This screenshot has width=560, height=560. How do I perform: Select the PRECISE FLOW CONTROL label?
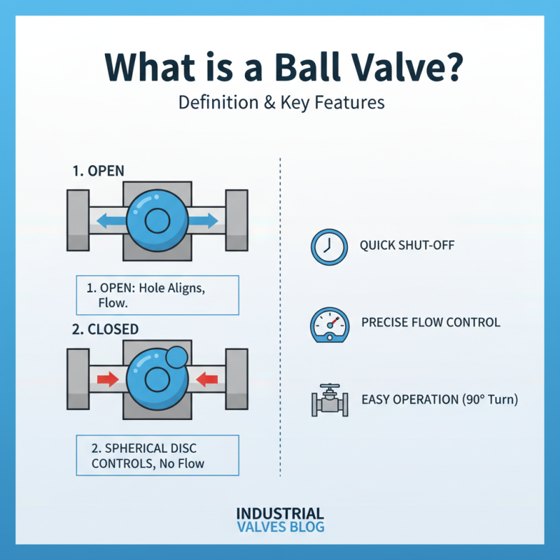pos(430,323)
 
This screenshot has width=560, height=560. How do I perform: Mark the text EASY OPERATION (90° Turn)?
pos(440,400)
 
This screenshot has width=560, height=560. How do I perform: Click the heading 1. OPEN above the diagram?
pos(100,171)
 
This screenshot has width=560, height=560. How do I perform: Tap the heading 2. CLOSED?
pos(106,329)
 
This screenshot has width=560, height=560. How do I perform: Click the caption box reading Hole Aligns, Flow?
pos(157,295)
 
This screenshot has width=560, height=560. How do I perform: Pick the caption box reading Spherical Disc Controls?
pos(157,454)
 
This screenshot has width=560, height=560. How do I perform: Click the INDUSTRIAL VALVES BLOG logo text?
pos(280,520)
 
